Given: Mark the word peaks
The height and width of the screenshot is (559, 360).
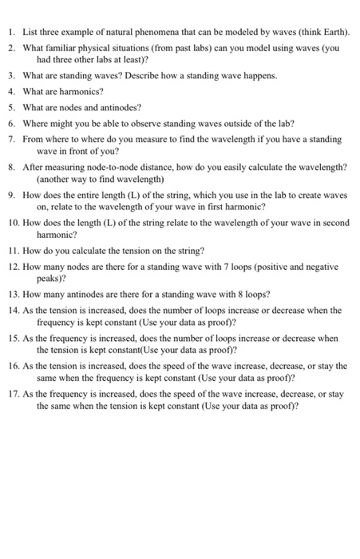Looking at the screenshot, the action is (49, 281).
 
